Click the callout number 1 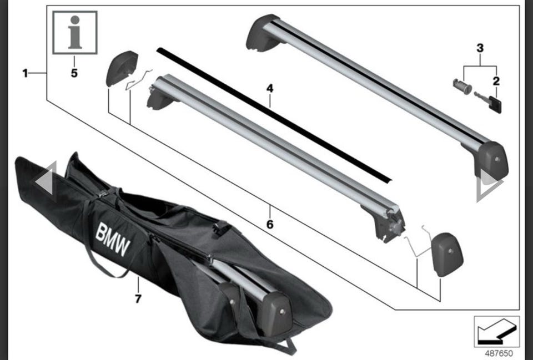pos(25,73)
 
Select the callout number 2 pos(496,81)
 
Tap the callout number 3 pos(480,48)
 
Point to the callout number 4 pos(270,89)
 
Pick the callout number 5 pos(74,73)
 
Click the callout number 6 pos(270,224)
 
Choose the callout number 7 pos(138,299)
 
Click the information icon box pos(75,33)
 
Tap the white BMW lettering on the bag pos(113,239)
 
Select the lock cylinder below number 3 pos(462,87)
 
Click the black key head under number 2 pos(495,105)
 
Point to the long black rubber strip pos(274,115)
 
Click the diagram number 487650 pos(499,353)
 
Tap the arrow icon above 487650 pos(496,332)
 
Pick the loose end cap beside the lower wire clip pos(447,253)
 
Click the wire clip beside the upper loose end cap pos(138,80)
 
